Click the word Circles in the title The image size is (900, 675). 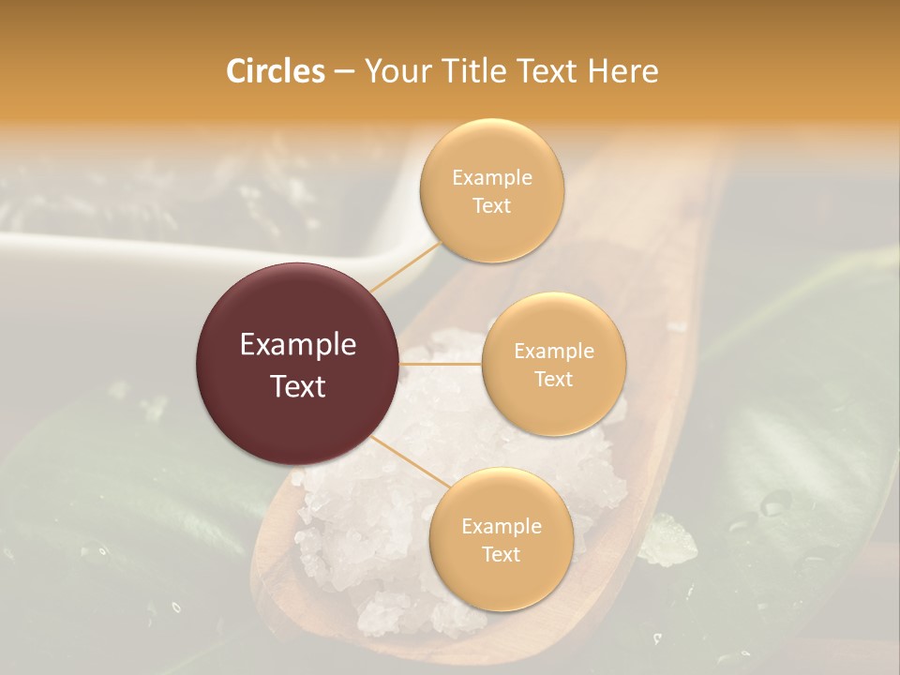click(276, 71)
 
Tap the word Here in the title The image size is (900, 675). click(623, 71)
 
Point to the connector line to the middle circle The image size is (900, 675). click(441, 364)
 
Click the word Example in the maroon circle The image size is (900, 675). click(298, 345)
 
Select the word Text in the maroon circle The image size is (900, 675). click(298, 386)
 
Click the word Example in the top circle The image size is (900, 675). click(492, 177)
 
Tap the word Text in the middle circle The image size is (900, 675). click(553, 379)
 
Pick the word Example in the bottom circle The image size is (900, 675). click(501, 526)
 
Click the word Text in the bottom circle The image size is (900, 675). click(501, 554)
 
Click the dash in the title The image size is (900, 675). click(344, 72)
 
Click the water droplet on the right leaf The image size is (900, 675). click(775, 503)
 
